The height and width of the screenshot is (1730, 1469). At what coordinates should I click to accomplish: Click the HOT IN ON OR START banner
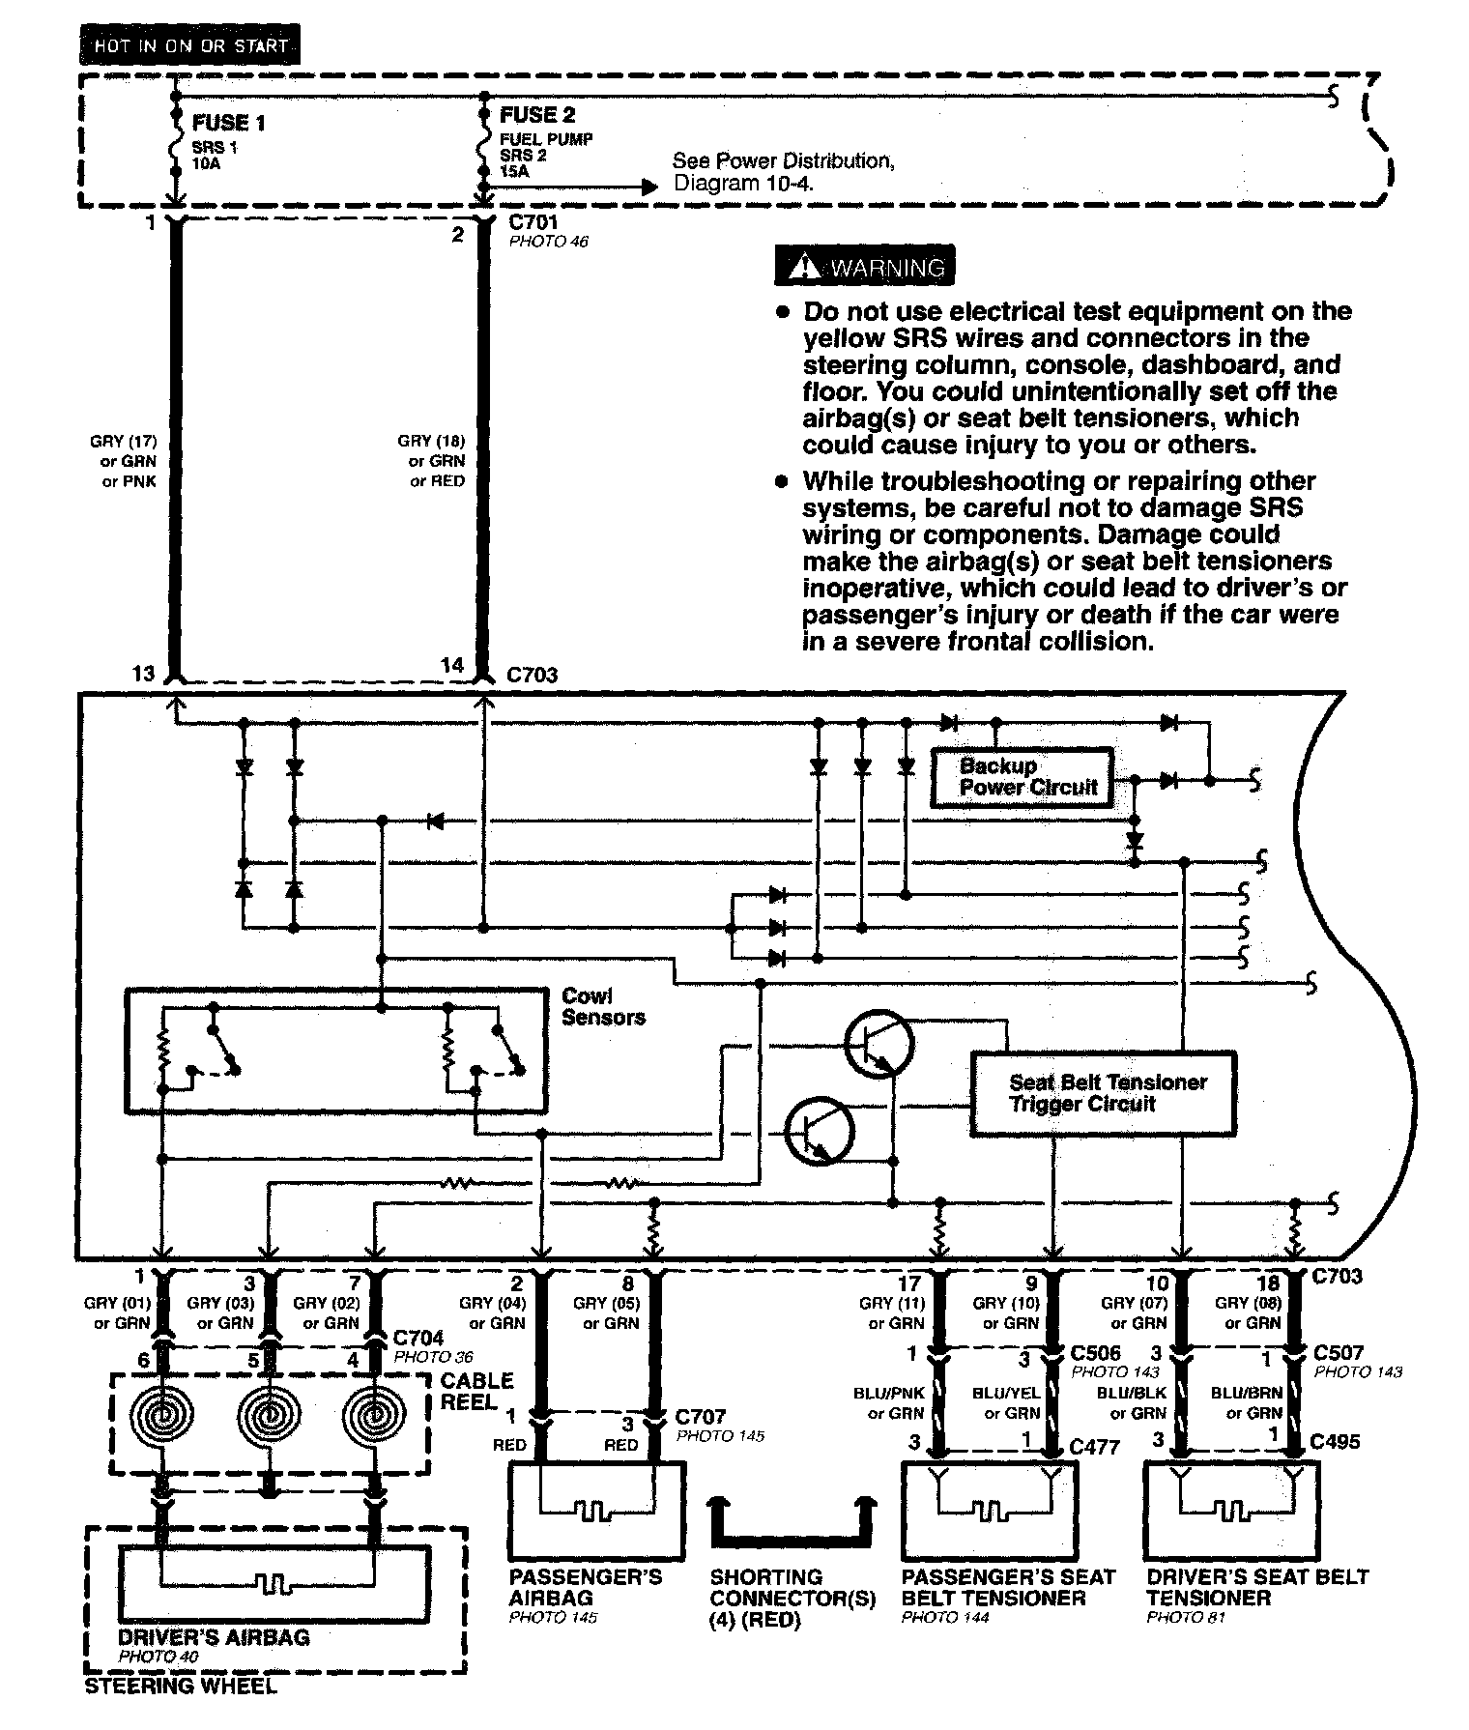click(x=190, y=45)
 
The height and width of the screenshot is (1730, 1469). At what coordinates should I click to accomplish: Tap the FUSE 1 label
click(x=228, y=123)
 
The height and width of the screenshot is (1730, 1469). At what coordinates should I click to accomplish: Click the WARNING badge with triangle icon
click(x=865, y=267)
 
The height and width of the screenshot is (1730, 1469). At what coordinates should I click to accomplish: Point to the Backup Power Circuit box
click(x=1021, y=777)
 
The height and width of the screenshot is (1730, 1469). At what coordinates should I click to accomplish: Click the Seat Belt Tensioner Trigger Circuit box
click(x=1103, y=1093)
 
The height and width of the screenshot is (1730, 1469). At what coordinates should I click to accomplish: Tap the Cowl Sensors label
click(x=603, y=1006)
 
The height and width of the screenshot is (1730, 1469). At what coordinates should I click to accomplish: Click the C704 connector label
click(x=418, y=1338)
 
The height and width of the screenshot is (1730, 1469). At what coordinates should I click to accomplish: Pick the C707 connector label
click(x=700, y=1417)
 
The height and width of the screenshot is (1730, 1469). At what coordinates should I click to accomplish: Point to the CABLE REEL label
click(x=476, y=1391)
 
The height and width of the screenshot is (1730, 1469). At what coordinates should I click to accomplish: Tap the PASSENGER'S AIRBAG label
click(x=585, y=1587)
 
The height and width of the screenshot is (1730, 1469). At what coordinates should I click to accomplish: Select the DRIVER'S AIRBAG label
click(x=214, y=1637)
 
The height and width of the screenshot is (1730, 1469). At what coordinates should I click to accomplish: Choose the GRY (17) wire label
click(x=123, y=442)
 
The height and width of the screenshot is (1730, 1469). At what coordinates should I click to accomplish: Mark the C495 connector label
click(x=1335, y=1441)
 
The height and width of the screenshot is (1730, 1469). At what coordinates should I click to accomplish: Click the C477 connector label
click(x=1094, y=1446)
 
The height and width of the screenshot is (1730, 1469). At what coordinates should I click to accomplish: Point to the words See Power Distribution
click(x=783, y=161)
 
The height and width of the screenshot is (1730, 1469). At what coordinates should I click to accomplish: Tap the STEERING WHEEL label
click(x=180, y=1687)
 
